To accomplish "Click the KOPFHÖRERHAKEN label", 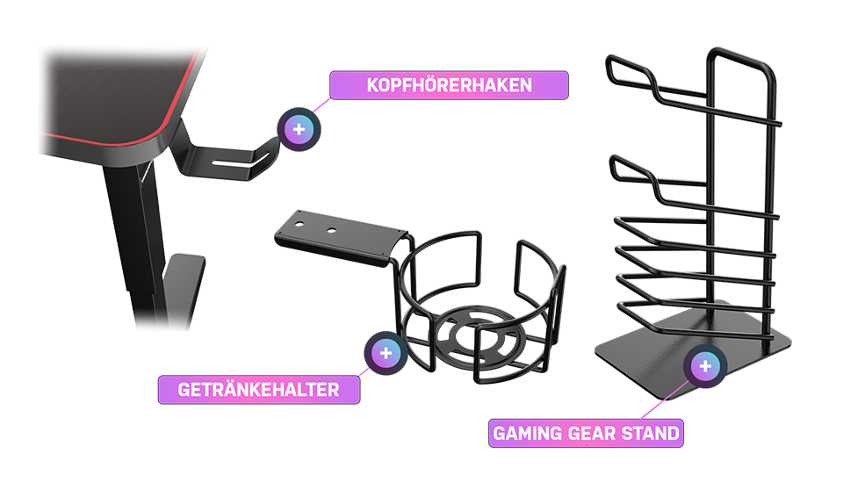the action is [449, 85].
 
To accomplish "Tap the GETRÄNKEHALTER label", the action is [258, 389].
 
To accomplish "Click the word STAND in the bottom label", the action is [650, 434].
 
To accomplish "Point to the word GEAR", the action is [589, 434].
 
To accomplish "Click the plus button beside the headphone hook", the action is [299, 130].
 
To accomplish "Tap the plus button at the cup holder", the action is [385, 353].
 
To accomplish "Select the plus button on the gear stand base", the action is [705, 366].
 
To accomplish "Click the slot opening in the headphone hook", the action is [232, 162].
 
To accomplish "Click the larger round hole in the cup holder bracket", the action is [332, 231].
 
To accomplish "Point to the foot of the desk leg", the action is [183, 291].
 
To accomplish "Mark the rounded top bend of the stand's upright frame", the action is [742, 56].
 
